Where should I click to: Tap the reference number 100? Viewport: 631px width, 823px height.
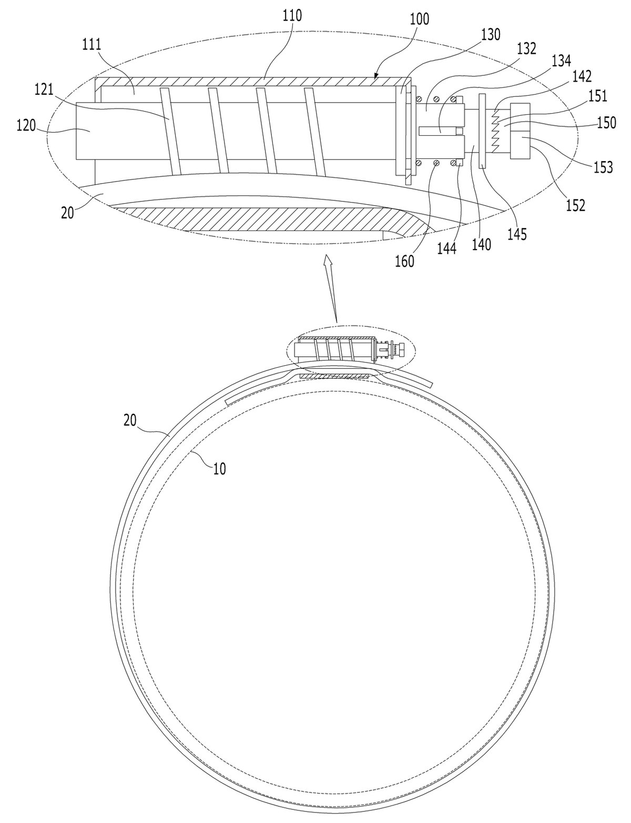419,19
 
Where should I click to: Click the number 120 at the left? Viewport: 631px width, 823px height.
26,125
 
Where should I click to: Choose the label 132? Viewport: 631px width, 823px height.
526,48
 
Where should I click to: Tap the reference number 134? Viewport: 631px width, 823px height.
561,61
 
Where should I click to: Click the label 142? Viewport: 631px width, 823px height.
582,77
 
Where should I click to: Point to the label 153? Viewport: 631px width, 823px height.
603,167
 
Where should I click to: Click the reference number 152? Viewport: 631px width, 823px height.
576,205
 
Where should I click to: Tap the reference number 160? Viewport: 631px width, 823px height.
405,262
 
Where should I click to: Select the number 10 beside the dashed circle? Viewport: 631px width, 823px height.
219,469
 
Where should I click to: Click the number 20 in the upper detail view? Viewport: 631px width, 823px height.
68,213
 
